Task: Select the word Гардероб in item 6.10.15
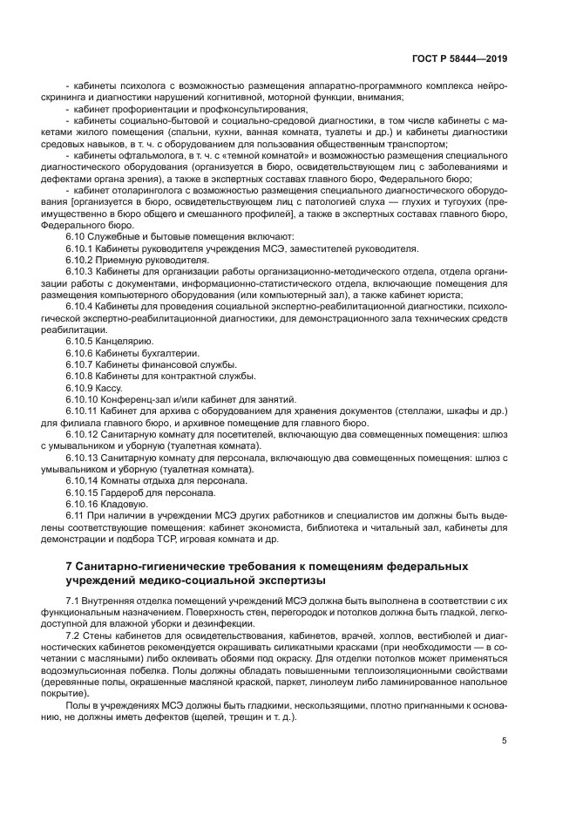tap(127, 490)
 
